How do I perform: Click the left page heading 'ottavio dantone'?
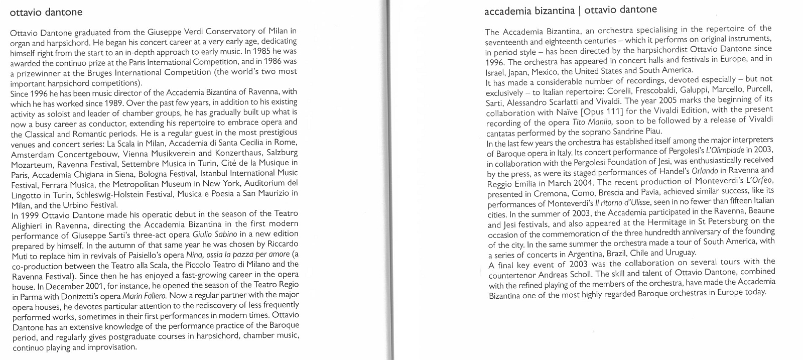coord(46,12)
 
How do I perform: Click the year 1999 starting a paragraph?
coord(29,214)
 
